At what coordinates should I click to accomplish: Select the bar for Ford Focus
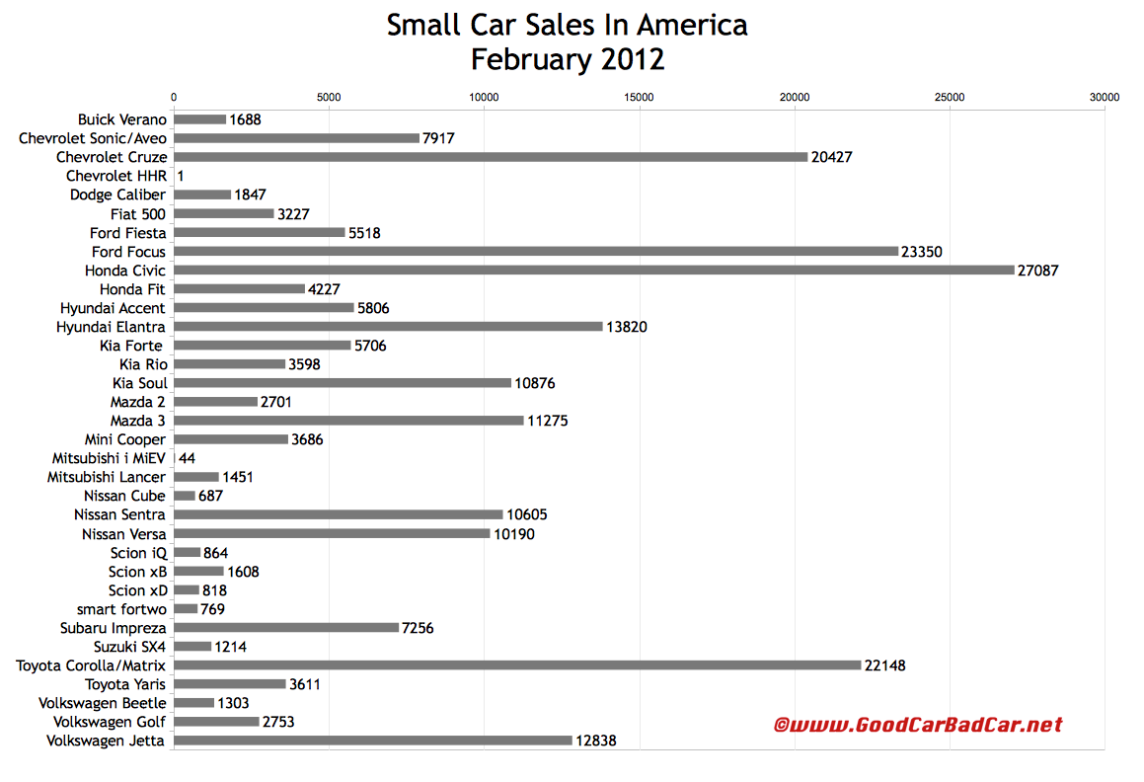536,251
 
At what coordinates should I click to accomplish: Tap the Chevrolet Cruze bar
491,156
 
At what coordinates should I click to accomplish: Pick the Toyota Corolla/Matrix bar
517,665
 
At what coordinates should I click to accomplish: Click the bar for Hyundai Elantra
388,326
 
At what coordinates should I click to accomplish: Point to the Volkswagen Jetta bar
373,741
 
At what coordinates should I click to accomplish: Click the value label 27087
1038,270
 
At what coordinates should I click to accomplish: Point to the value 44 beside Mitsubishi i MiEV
189,458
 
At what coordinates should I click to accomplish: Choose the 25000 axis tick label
950,97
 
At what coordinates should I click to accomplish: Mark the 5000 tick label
329,97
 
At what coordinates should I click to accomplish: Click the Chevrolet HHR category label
116,176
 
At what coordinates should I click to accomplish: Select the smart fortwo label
121,609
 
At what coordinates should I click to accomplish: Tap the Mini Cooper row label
125,439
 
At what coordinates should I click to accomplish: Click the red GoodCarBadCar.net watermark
917,725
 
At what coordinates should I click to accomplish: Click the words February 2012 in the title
568,59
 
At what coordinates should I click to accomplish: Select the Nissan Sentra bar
339,514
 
